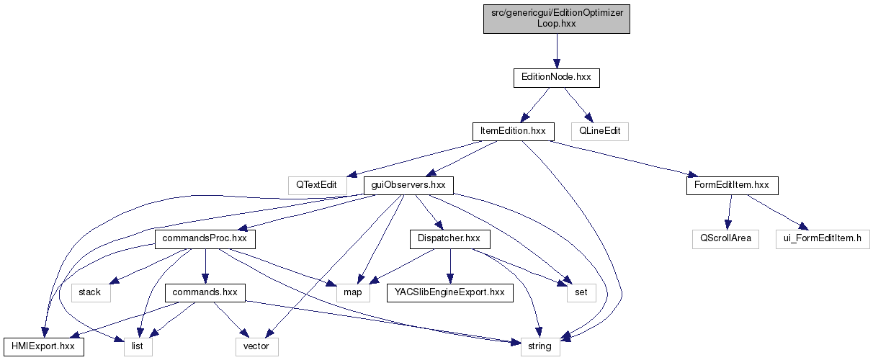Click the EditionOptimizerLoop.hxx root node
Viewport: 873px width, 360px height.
point(557,17)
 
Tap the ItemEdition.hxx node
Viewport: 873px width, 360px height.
point(513,131)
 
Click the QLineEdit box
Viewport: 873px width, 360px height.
point(599,131)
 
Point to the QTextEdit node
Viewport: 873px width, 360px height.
point(316,185)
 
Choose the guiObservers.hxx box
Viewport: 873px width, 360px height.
point(408,185)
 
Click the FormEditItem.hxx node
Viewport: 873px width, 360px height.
point(732,185)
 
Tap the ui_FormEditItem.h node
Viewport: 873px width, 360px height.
point(823,239)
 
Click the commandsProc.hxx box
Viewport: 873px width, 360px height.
point(205,239)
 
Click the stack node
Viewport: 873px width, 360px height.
point(91,292)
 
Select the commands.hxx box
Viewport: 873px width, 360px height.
point(205,292)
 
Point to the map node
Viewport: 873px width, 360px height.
point(353,292)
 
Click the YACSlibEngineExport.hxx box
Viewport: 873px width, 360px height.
point(449,292)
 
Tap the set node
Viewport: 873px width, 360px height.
point(581,292)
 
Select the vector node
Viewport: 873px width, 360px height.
point(256,346)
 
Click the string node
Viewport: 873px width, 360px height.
point(540,346)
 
